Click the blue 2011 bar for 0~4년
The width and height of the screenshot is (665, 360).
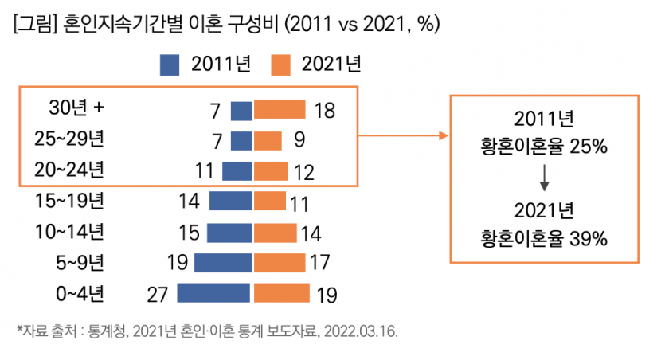(214, 293)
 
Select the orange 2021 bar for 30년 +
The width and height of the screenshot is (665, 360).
(280, 110)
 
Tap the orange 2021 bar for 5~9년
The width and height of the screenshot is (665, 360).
(280, 262)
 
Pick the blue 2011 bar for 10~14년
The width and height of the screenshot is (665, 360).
(229, 232)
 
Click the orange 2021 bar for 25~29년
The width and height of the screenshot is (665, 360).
(268, 140)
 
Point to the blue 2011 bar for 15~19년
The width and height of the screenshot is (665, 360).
(231, 201)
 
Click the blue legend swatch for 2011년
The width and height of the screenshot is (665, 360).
(170, 65)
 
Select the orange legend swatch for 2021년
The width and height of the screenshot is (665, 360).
(282, 65)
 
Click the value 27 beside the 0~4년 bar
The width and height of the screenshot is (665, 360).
(158, 294)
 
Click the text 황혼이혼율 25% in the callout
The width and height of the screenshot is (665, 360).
(545, 147)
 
